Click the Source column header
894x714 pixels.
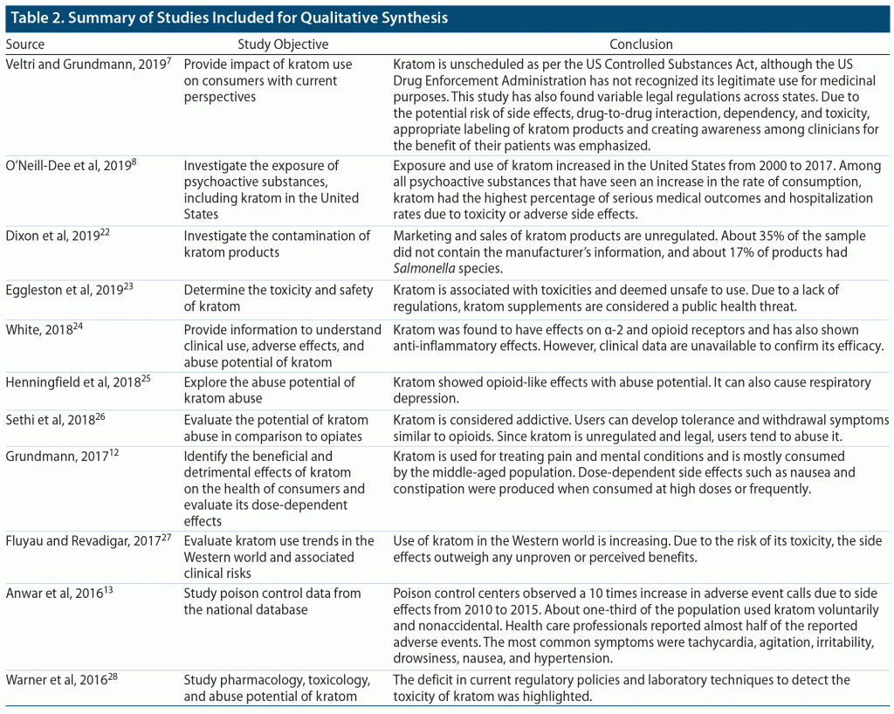tap(25, 45)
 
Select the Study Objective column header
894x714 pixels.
tap(283, 45)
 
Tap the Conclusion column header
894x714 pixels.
tap(641, 45)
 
